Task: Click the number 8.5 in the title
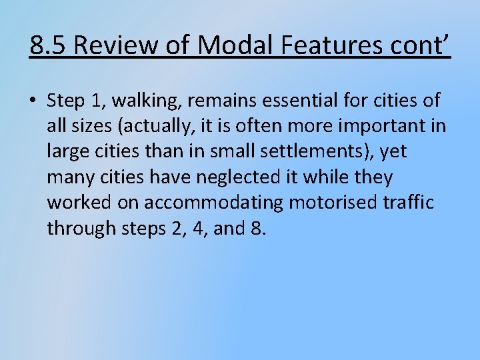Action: (49, 45)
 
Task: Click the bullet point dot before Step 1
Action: (33, 101)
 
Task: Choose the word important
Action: (382, 126)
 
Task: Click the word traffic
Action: (410, 203)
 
